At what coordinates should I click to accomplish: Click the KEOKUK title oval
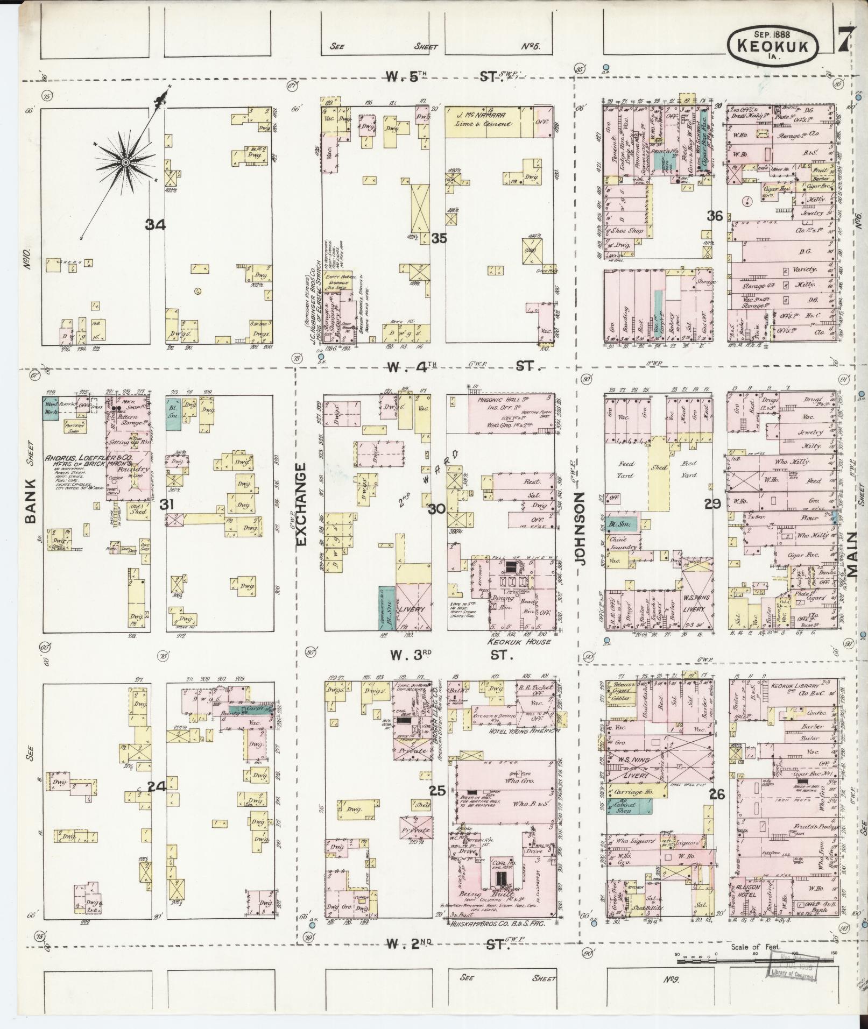pyautogui.click(x=773, y=42)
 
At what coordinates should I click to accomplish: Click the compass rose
pyautogui.click(x=125, y=161)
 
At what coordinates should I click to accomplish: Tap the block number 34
pyautogui.click(x=155, y=225)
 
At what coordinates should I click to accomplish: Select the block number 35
pyautogui.click(x=439, y=238)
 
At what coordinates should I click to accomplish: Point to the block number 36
pyautogui.click(x=715, y=216)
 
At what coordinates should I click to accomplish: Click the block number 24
pyautogui.click(x=157, y=786)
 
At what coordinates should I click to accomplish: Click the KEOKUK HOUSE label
pyautogui.click(x=519, y=642)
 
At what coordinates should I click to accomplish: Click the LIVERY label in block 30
pyautogui.click(x=413, y=610)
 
